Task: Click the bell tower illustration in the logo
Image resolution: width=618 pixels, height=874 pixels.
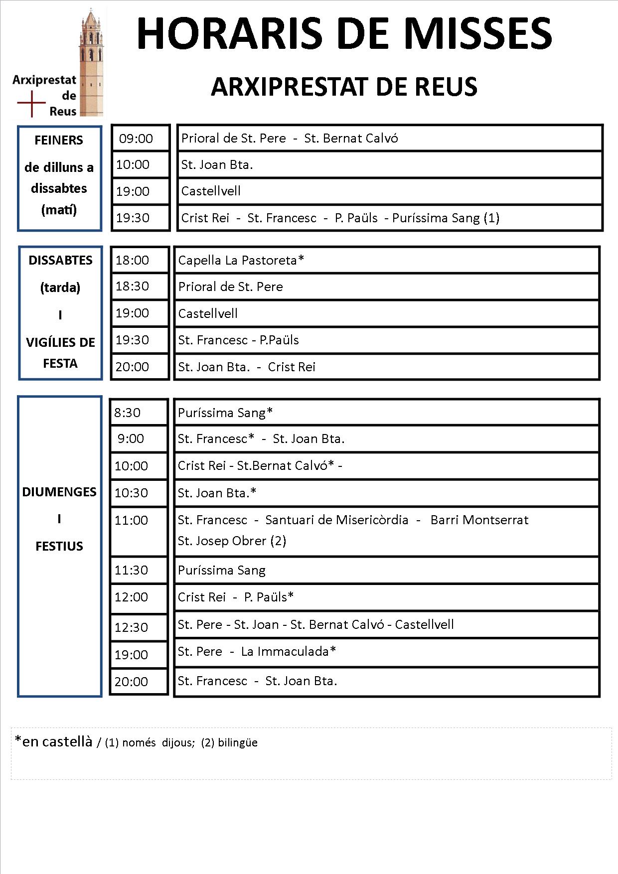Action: click(91, 62)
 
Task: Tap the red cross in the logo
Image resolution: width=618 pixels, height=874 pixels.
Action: click(31, 104)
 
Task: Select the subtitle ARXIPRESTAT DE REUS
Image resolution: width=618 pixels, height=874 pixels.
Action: click(344, 87)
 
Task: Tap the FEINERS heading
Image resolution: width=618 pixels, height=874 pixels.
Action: click(59, 140)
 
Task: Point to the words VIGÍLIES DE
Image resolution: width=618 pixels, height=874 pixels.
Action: click(60, 342)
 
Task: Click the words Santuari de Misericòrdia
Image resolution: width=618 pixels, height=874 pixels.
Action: click(336, 520)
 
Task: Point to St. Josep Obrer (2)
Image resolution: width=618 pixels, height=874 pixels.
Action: click(232, 541)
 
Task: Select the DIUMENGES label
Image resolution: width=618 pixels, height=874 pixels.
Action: click(59, 492)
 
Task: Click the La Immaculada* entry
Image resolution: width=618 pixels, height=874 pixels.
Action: click(289, 652)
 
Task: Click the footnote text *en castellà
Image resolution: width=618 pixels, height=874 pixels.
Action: click(54, 742)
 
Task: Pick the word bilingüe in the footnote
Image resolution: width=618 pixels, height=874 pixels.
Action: click(238, 743)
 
